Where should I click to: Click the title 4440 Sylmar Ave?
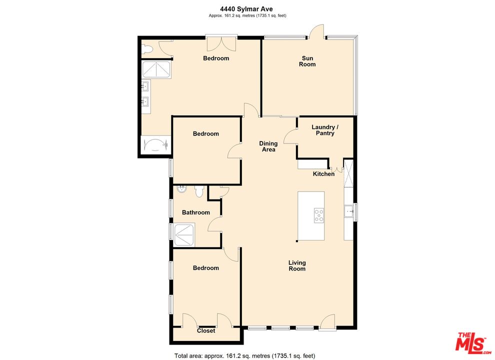(246, 9)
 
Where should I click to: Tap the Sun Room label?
(307, 61)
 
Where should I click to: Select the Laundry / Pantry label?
(325, 130)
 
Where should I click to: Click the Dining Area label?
(268, 146)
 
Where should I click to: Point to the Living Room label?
(297, 265)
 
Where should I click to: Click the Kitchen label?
(323, 174)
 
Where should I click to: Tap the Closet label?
(206, 330)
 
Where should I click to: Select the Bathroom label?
(195, 212)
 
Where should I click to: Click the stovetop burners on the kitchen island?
(319, 215)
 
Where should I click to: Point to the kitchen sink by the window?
(348, 211)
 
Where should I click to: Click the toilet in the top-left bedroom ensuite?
(147, 49)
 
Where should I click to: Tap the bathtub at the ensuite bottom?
(155, 145)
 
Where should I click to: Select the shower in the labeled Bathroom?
(184, 234)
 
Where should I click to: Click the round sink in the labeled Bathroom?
(182, 189)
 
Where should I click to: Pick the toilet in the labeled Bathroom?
(199, 191)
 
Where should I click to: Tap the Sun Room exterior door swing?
(316, 31)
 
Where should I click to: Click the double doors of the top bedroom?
(221, 43)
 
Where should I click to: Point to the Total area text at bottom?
(244, 356)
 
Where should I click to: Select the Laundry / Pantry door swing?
(290, 136)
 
